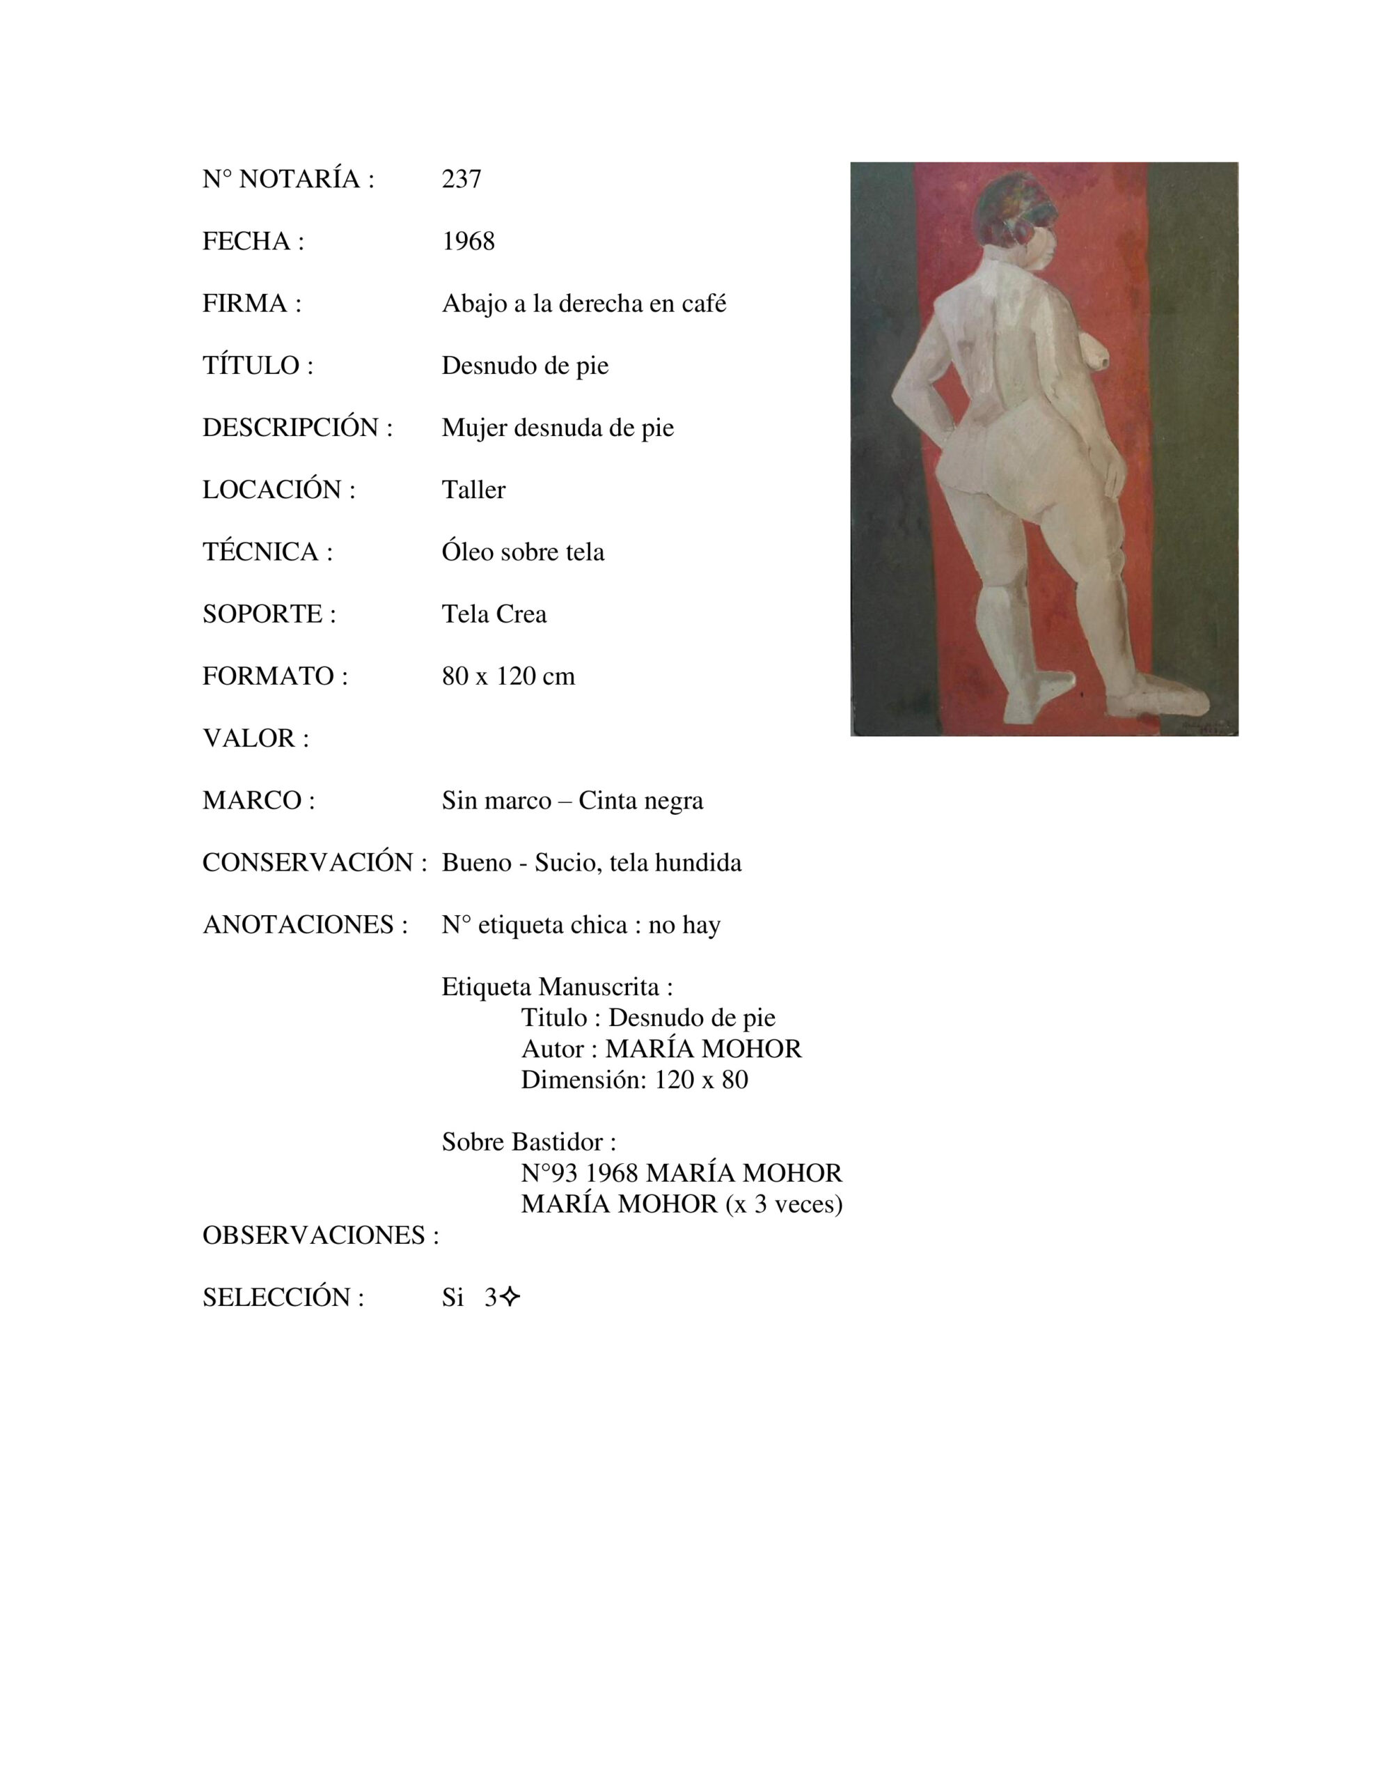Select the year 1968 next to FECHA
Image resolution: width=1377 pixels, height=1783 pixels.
(468, 241)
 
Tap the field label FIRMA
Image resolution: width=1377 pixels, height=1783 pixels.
(251, 304)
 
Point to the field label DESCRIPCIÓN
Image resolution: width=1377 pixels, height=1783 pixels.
(297, 428)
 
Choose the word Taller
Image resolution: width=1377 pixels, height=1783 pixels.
(473, 490)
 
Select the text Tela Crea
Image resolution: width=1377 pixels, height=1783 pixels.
(494, 614)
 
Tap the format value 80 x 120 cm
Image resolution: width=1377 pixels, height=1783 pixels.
(507, 676)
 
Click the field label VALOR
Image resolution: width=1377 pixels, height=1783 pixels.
(255, 738)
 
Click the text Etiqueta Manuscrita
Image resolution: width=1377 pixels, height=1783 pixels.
(557, 987)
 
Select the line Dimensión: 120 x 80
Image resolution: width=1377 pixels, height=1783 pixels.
(634, 1080)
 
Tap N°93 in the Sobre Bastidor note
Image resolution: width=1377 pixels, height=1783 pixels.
(549, 1173)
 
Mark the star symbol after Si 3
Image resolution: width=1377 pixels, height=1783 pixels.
(510, 1298)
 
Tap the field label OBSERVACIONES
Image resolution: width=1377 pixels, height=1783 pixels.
(320, 1235)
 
